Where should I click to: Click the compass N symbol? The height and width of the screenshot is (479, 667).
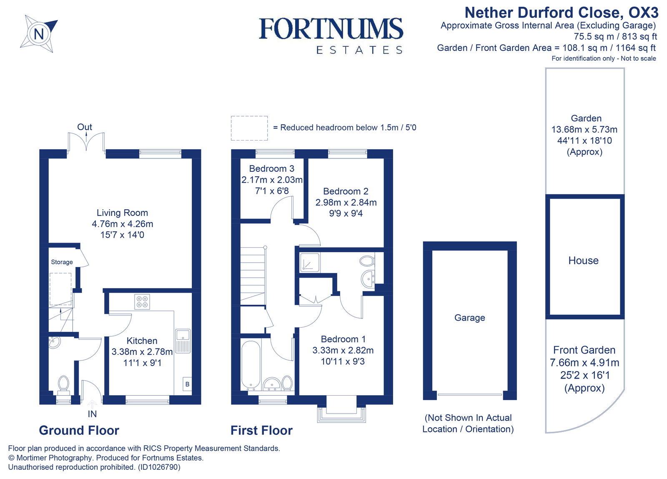(x=38, y=33)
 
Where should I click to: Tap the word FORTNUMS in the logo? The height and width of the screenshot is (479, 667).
(x=331, y=29)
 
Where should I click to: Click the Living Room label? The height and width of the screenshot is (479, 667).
(x=122, y=213)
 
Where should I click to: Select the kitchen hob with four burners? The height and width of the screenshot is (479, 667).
(x=142, y=302)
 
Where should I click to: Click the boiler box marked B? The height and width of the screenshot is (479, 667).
(x=187, y=384)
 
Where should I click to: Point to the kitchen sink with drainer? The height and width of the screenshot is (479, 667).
(x=183, y=341)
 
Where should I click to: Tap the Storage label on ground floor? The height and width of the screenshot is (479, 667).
(x=62, y=262)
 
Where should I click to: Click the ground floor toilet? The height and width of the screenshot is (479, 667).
(x=63, y=384)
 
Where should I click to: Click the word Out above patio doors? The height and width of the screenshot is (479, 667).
(x=85, y=127)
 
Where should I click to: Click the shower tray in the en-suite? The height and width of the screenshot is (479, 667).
(x=310, y=263)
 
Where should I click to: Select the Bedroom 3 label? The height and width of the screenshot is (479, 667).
(x=271, y=169)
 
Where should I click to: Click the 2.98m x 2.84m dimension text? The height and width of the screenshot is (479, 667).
(x=346, y=203)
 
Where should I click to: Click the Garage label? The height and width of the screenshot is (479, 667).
(x=469, y=318)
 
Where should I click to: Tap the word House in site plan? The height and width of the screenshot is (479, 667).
(x=583, y=261)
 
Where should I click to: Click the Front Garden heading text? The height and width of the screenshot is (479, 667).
(x=584, y=350)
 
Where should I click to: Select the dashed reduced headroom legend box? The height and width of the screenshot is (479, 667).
(x=249, y=128)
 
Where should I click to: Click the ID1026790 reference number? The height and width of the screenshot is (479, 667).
(x=159, y=467)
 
